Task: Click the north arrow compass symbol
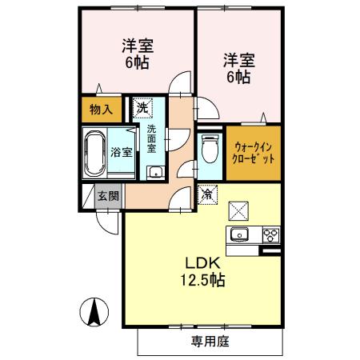tap(94, 310)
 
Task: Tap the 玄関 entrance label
tap(108, 196)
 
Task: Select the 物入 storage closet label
tap(100, 109)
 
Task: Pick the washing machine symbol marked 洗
tap(142, 107)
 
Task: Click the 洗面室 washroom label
tap(152, 137)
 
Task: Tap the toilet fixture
tap(210, 150)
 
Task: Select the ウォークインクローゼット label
tap(254, 153)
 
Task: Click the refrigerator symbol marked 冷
tap(206, 194)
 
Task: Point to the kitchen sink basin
tap(240, 234)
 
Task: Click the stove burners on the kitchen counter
tap(271, 234)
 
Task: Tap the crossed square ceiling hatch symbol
tap(239, 210)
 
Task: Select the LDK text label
tap(203, 263)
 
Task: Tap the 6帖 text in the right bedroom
tap(238, 77)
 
